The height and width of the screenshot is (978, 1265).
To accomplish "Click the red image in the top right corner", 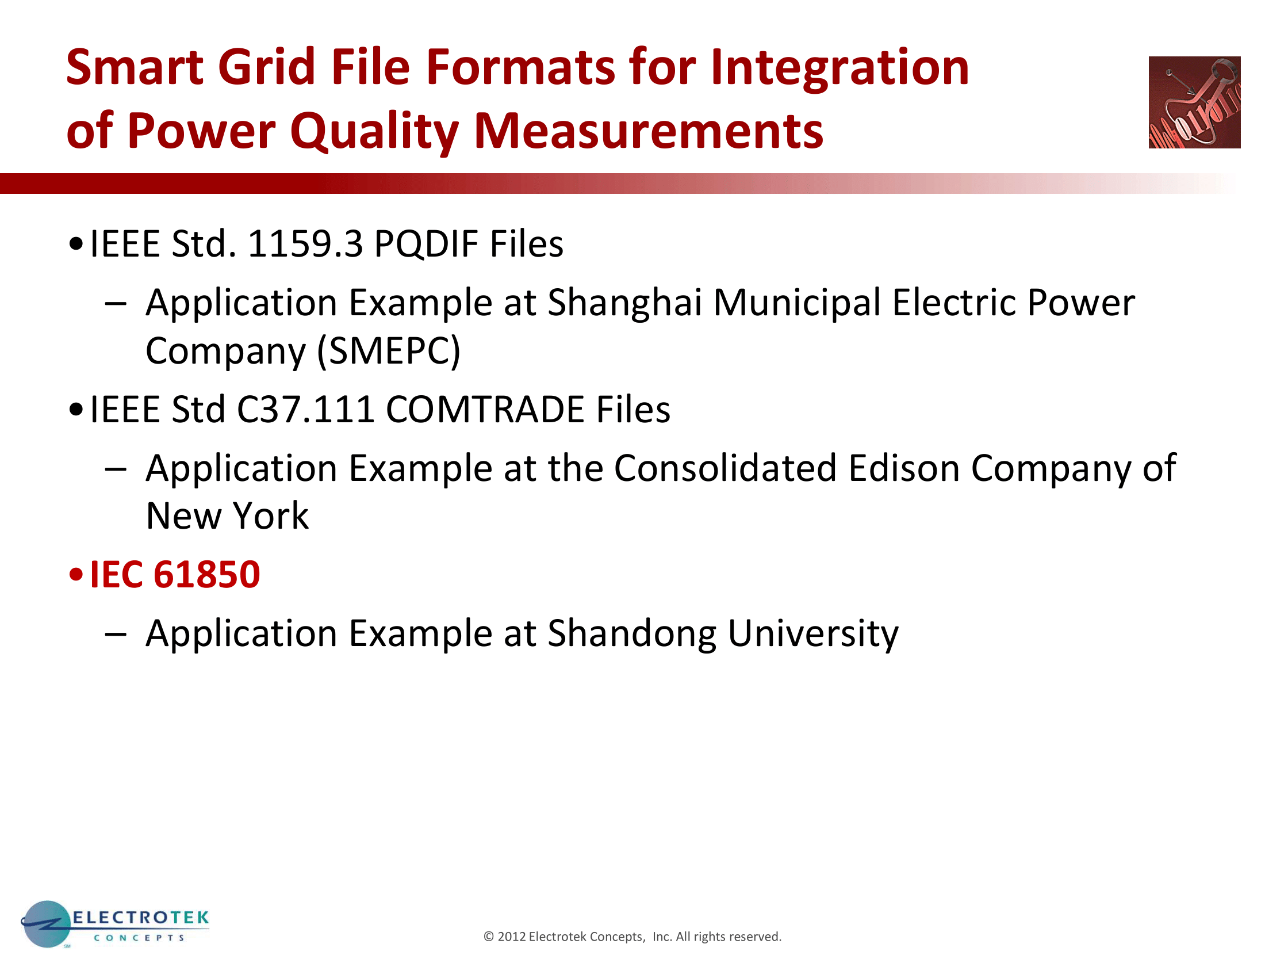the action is tap(1194, 102).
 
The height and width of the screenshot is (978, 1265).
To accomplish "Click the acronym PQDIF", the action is tap(425, 244).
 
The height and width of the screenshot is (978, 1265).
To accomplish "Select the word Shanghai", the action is tap(624, 304).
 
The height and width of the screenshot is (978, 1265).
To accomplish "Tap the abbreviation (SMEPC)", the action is tap(389, 351).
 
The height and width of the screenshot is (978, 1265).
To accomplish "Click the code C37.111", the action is tap(305, 409).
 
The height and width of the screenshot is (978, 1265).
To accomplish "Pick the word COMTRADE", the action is tap(485, 409).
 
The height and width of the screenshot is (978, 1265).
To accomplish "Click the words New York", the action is tap(227, 515).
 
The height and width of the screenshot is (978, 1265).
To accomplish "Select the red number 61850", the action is tap(207, 575).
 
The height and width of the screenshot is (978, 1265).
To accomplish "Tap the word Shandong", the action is tap(632, 634).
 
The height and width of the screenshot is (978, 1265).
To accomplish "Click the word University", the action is tap(813, 634).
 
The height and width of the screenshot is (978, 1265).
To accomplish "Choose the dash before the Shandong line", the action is tap(116, 635).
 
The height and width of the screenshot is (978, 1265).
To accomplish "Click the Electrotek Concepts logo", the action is tap(114, 924).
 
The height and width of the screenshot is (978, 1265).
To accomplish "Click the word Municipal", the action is tap(797, 304).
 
